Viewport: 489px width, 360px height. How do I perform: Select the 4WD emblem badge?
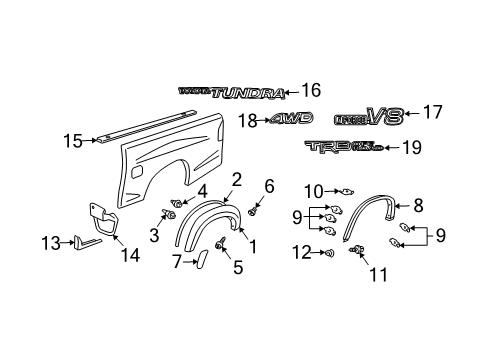(290, 118)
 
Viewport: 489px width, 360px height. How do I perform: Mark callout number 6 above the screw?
(268, 186)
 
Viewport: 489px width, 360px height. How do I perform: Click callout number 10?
(315, 190)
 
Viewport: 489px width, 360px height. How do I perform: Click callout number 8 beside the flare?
(417, 204)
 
